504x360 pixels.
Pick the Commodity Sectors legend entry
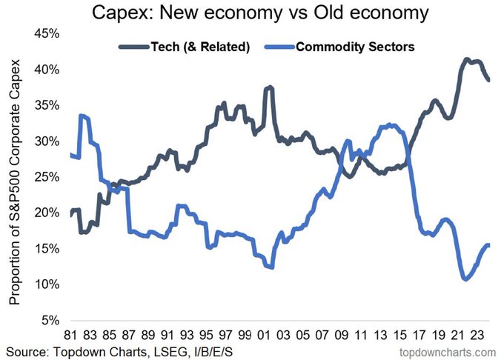[x=354, y=47]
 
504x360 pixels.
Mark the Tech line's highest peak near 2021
[x=466, y=59]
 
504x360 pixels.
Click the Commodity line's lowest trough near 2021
[x=465, y=279]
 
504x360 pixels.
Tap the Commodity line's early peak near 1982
[x=82, y=116]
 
